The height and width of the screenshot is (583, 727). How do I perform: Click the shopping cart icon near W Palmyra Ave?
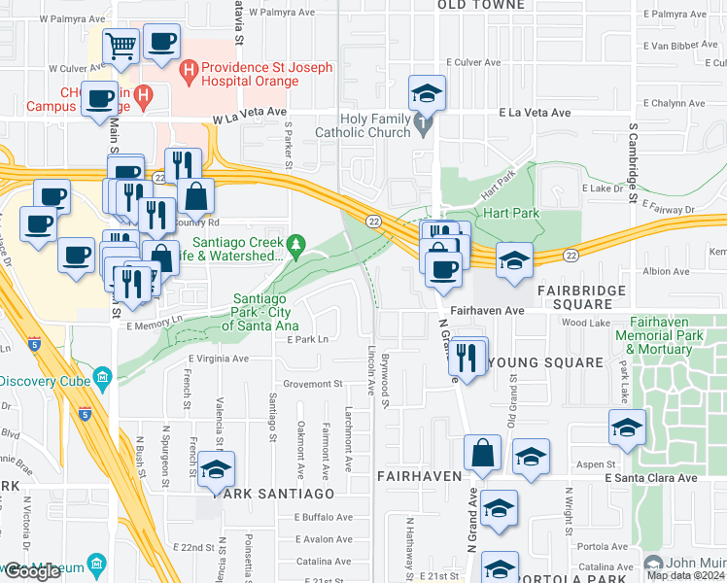click(x=121, y=45)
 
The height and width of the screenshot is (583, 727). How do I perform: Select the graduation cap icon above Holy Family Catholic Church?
click(x=427, y=94)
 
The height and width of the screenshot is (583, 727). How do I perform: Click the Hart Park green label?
click(x=505, y=212)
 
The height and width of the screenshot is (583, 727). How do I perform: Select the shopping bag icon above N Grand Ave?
click(x=483, y=452)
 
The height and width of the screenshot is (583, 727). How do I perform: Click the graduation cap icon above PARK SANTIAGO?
click(x=217, y=469)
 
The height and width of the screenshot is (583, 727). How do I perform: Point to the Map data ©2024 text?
click(x=686, y=575)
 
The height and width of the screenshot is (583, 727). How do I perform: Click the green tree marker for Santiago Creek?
click(x=298, y=243)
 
